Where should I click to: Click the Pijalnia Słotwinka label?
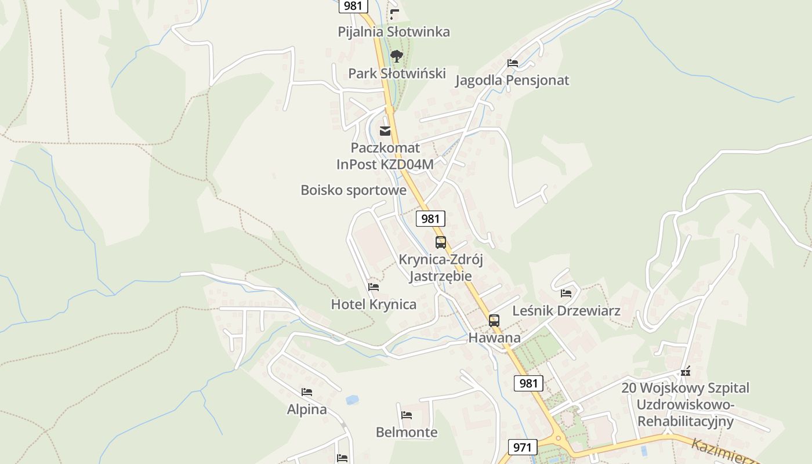pyautogui.click(x=394, y=32)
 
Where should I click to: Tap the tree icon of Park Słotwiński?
pyautogui.click(x=397, y=56)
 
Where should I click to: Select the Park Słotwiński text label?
pyautogui.click(x=397, y=74)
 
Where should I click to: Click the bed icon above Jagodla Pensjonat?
pyautogui.click(x=513, y=63)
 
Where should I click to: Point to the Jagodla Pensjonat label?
pyautogui.click(x=512, y=81)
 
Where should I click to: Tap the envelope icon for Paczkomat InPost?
pyautogui.click(x=385, y=131)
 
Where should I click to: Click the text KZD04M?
pyautogui.click(x=407, y=164)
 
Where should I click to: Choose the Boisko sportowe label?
pyautogui.click(x=353, y=190)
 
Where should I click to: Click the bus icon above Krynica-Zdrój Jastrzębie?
pyautogui.click(x=441, y=242)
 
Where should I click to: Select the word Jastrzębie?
pyautogui.click(x=441, y=276)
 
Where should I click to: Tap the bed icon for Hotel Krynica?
pyautogui.click(x=374, y=287)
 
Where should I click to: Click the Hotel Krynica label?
pyautogui.click(x=374, y=304)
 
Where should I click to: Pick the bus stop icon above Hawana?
pyautogui.click(x=494, y=320)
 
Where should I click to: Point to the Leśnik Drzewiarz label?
pyautogui.click(x=566, y=311)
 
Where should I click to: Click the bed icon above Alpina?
pyautogui.click(x=307, y=393)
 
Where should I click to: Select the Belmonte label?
pyautogui.click(x=407, y=432)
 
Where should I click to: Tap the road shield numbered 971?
pyautogui.click(x=523, y=447)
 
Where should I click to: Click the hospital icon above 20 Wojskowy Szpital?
pyautogui.click(x=686, y=371)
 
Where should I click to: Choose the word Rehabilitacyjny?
pyautogui.click(x=686, y=421)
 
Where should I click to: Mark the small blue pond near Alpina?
pyautogui.click(x=352, y=400)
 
